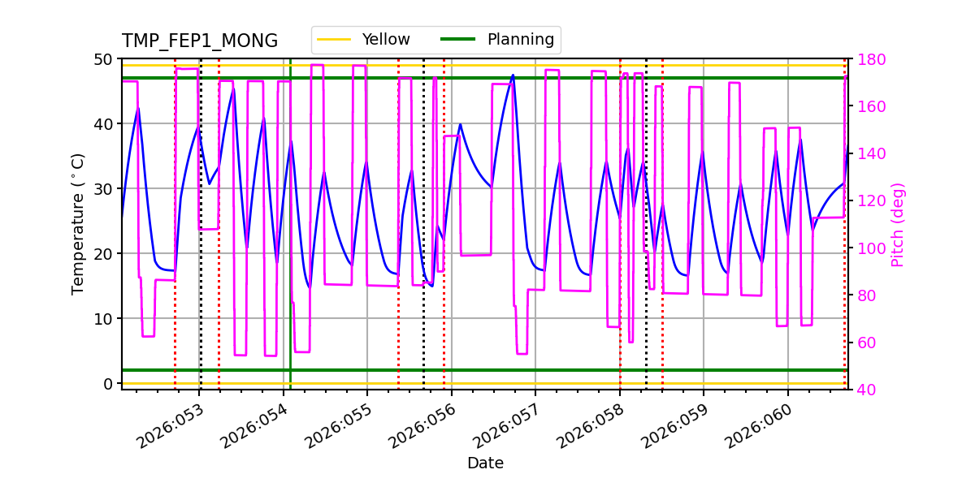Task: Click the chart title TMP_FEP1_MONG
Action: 200,41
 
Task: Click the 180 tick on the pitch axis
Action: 868,59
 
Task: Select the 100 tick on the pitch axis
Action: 868,248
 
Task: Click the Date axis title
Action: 485,463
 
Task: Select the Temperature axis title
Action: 78,223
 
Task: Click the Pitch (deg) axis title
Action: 898,224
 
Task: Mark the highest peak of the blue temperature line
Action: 513,75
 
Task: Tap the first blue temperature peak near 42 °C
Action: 138,109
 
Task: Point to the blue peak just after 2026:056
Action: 460,124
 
